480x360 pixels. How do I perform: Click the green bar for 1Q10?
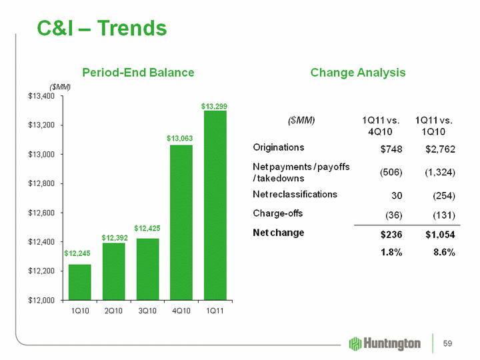click(79, 282)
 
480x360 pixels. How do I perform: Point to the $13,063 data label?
click(180, 139)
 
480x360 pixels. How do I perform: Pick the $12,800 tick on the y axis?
click(41, 183)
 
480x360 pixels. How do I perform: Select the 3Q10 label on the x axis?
click(147, 312)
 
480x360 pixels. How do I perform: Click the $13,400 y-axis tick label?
click(41, 96)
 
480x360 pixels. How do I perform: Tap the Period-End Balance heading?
click(138, 73)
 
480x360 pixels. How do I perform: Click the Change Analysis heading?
click(358, 73)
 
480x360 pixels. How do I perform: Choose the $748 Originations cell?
click(390, 148)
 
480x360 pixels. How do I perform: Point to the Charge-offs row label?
click(278, 213)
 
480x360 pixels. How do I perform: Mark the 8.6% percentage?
click(443, 253)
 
